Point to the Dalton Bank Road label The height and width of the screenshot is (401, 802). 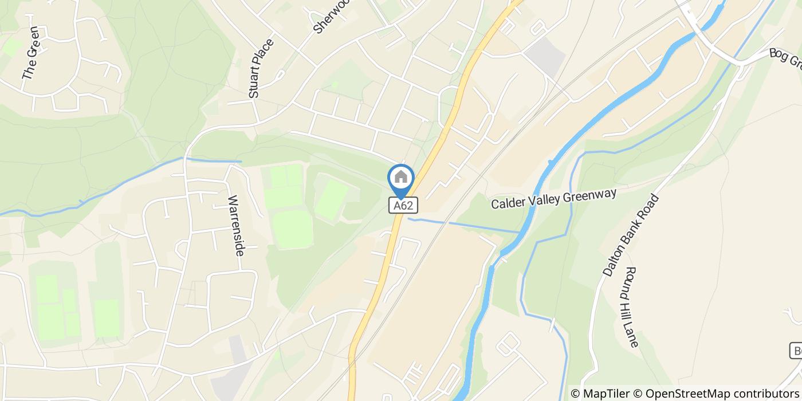coord(631,235)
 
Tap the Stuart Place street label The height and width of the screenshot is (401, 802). coord(262,68)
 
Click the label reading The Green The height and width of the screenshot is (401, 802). coord(30,53)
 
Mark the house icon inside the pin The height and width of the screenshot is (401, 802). coord(401,177)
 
